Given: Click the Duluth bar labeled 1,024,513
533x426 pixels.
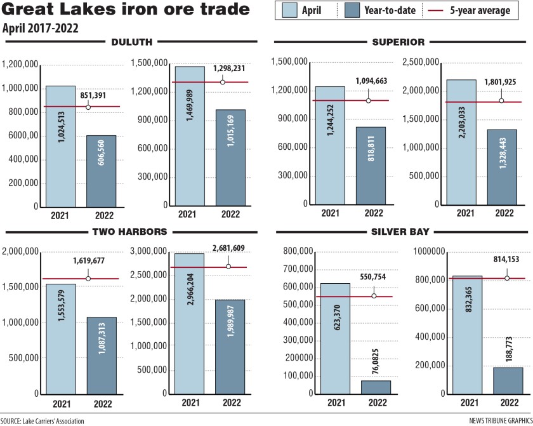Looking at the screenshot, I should click(x=60, y=146).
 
